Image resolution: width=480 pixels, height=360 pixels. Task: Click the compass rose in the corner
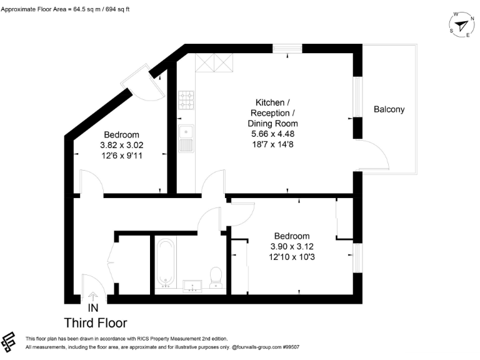pyautogui.click(x=461, y=25)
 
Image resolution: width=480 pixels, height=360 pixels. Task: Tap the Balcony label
pyautogui.click(x=389, y=109)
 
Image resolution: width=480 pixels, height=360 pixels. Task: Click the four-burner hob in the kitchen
pyautogui.click(x=186, y=99)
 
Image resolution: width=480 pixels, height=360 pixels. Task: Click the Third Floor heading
pyautogui.click(x=96, y=323)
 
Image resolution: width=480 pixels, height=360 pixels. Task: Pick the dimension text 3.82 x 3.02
pyautogui.click(x=121, y=145)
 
